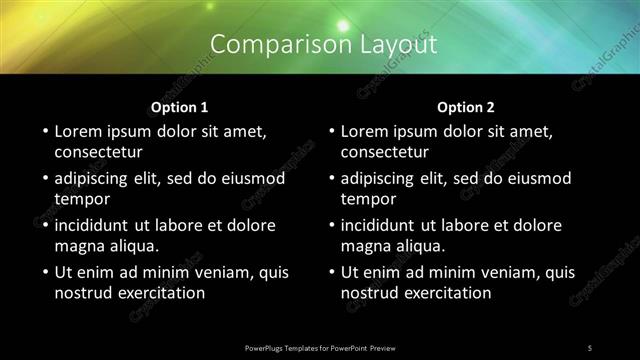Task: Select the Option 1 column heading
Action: click(180, 107)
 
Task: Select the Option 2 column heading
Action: click(466, 107)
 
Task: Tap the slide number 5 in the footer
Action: click(589, 347)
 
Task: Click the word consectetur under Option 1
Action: click(98, 153)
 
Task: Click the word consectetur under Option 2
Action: click(384, 153)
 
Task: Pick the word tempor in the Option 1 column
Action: click(81, 199)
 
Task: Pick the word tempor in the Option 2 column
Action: click(367, 199)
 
